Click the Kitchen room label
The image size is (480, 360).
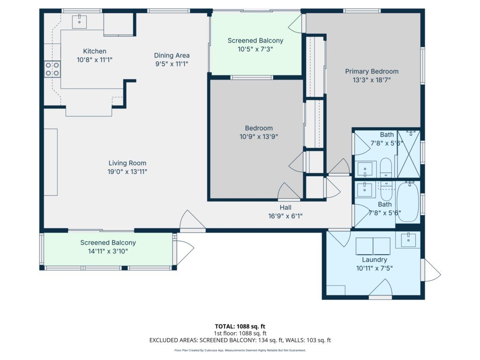tap(95, 51)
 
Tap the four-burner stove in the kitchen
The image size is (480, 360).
tap(52, 69)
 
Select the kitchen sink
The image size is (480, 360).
tap(79, 22)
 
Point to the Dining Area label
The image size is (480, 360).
tap(172, 55)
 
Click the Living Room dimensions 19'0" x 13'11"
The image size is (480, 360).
tap(127, 172)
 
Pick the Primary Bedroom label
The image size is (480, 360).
tap(372, 71)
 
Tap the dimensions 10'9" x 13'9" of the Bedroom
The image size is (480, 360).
tap(259, 136)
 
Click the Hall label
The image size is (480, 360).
tap(285, 208)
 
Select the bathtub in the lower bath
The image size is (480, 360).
tap(408, 202)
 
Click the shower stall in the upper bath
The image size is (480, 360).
tap(409, 154)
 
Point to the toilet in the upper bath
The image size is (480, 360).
tap(386, 167)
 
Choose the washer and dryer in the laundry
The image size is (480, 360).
tap(373, 246)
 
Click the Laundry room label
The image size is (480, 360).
tap(375, 260)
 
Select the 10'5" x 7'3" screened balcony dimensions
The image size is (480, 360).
tap(255, 49)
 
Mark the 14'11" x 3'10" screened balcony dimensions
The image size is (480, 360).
tap(108, 251)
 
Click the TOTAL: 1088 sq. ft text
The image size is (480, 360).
tap(240, 326)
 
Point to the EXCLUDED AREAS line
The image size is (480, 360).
tap(240, 340)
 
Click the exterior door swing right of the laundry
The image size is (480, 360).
tap(432, 270)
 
